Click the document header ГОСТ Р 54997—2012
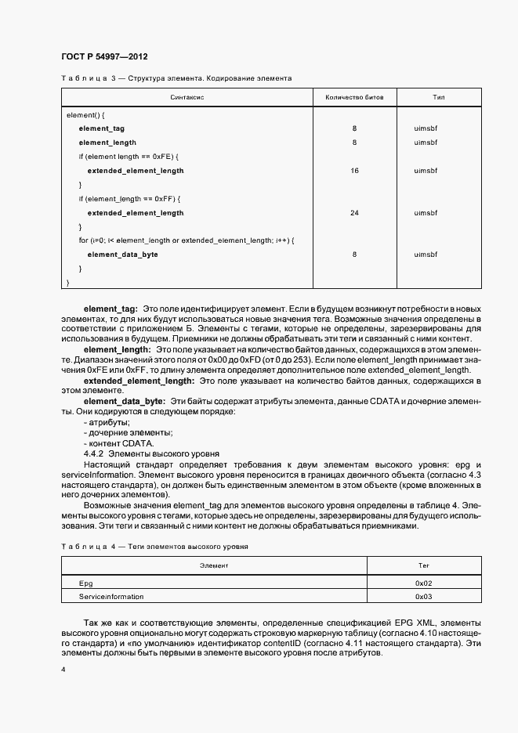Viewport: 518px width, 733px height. coord(104,57)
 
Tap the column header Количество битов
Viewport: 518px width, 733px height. coord(354,97)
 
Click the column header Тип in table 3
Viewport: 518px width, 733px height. coord(439,97)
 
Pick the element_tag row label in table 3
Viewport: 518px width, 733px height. coord(102,128)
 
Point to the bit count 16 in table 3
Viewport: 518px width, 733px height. coord(354,170)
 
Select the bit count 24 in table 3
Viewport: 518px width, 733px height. coord(354,212)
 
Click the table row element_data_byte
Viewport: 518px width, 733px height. coord(123,255)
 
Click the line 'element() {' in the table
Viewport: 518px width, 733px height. coord(85,114)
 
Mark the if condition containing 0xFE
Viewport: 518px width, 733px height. coord(129,156)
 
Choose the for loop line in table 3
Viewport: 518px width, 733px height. coord(186,240)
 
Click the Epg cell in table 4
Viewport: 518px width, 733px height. coord(85,583)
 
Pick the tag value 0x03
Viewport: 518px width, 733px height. coord(424,597)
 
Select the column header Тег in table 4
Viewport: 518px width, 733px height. coord(424,565)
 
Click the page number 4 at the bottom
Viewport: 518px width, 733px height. coord(63,670)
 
